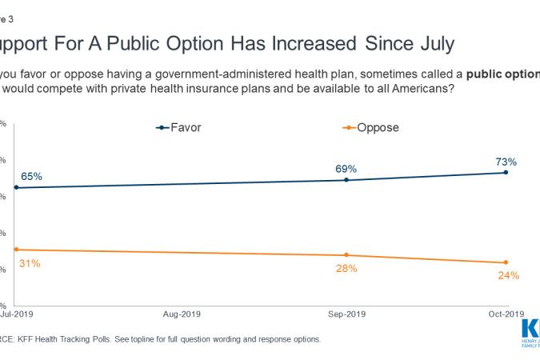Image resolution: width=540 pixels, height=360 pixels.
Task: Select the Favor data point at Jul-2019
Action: (x=16, y=187)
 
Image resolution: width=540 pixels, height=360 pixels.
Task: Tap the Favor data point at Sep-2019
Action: (x=346, y=180)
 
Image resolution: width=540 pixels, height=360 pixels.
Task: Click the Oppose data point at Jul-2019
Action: (x=16, y=250)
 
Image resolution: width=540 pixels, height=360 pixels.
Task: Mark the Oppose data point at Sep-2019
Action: (x=346, y=255)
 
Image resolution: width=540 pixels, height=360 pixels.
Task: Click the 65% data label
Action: (x=31, y=176)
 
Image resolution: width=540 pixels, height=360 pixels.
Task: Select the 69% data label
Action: (x=346, y=169)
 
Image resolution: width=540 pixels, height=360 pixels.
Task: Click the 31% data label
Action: (x=30, y=262)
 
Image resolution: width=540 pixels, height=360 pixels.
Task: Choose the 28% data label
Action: (x=346, y=268)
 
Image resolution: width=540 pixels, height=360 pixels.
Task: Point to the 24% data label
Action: (x=508, y=275)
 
